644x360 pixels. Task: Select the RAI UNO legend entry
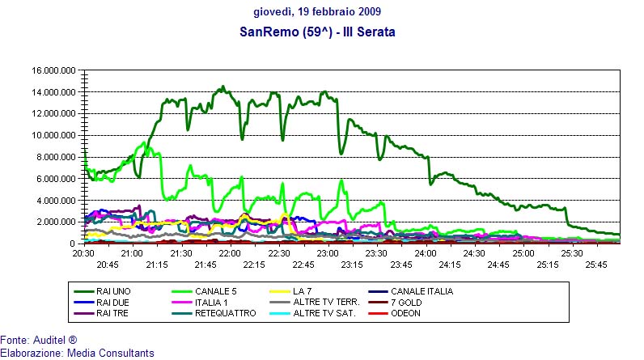pos(114,291)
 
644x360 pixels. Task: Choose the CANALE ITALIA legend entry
pos(422,291)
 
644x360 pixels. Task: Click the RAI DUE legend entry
pos(114,302)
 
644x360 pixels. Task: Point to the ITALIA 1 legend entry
pos(214,302)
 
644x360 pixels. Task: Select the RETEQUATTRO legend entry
pos(226,313)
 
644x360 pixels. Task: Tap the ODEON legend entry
pos(406,313)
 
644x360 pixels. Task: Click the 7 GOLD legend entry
pos(408,302)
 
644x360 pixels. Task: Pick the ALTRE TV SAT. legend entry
pos(324,313)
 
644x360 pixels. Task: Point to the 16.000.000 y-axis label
pos(53,70)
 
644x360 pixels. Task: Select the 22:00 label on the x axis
pos(231,253)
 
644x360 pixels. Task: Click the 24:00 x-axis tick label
pos(426,253)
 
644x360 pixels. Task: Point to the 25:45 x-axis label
pos(598,264)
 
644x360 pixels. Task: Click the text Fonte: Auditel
pos(38,341)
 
